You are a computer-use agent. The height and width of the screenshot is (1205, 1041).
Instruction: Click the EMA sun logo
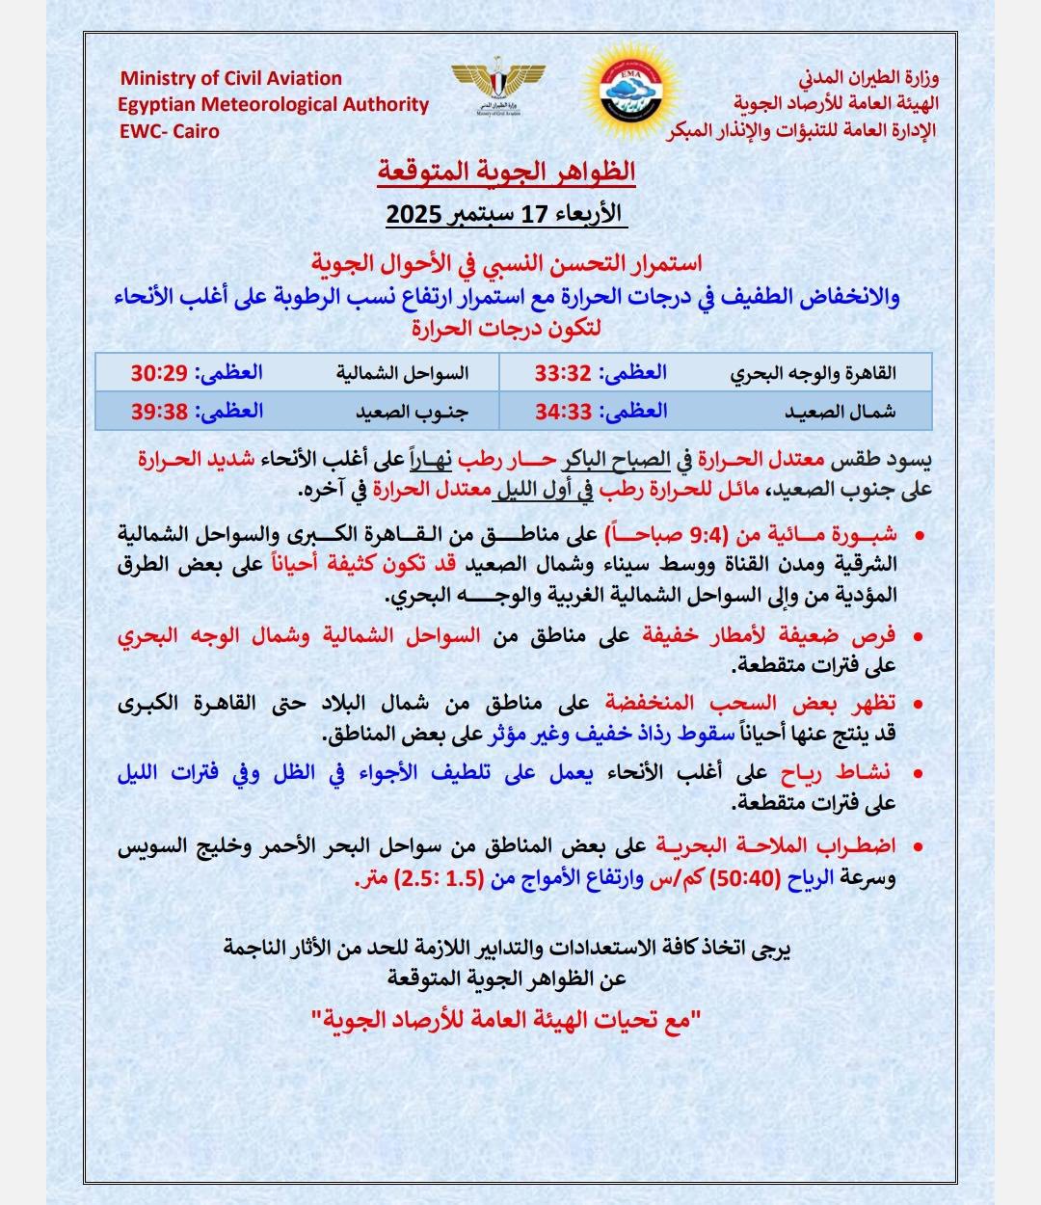[631, 94]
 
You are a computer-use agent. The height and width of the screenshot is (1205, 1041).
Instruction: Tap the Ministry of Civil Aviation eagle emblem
[497, 88]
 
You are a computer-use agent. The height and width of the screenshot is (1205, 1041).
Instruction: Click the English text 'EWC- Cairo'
[169, 131]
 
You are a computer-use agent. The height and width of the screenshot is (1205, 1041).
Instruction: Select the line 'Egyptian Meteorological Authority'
[274, 104]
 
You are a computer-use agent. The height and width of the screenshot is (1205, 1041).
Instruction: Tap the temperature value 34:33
[563, 412]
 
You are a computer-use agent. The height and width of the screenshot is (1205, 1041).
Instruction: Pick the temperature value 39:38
[159, 412]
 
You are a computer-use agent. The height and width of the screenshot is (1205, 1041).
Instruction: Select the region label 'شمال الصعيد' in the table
[841, 413]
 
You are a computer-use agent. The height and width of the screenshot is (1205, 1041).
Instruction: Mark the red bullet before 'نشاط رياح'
[917, 774]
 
